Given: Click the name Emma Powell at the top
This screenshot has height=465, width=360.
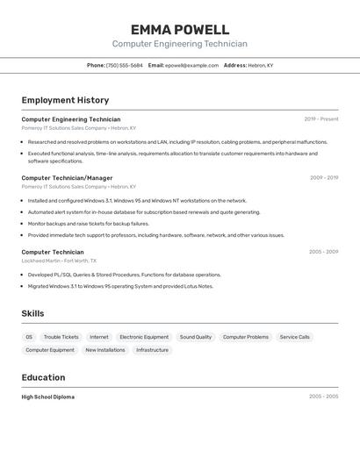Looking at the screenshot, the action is [180, 30].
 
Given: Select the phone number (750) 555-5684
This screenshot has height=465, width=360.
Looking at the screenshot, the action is [124, 66].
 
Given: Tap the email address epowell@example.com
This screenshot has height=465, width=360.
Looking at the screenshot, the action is [191, 66].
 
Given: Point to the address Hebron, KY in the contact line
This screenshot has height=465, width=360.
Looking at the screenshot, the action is [261, 66].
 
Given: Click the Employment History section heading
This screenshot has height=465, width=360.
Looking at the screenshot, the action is [65, 100].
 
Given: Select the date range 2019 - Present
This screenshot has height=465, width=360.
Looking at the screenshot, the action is [320, 119].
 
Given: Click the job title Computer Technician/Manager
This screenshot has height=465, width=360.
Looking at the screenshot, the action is [67, 178].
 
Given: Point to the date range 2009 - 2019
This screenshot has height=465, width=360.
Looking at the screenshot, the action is [323, 178].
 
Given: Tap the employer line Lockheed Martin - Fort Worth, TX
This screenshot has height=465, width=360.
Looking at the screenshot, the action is [59, 261].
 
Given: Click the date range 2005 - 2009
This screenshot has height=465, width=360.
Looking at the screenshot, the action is [323, 252].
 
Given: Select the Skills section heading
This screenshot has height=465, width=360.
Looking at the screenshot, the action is [32, 313].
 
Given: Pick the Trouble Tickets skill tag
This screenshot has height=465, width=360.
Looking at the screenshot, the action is [61, 337].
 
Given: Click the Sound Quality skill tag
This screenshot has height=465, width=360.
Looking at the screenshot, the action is [196, 337].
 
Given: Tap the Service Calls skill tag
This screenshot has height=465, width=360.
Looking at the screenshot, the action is [295, 337].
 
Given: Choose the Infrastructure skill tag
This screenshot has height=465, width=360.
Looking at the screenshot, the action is [152, 350].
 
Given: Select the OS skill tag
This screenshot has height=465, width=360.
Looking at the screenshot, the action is [29, 337].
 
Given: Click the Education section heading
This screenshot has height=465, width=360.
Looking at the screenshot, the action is [43, 377].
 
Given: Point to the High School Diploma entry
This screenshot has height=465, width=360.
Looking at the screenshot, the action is [47, 397].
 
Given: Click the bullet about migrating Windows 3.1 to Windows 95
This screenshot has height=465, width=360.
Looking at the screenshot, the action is [120, 286].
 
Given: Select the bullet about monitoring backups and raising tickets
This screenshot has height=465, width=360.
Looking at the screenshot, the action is [88, 224].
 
